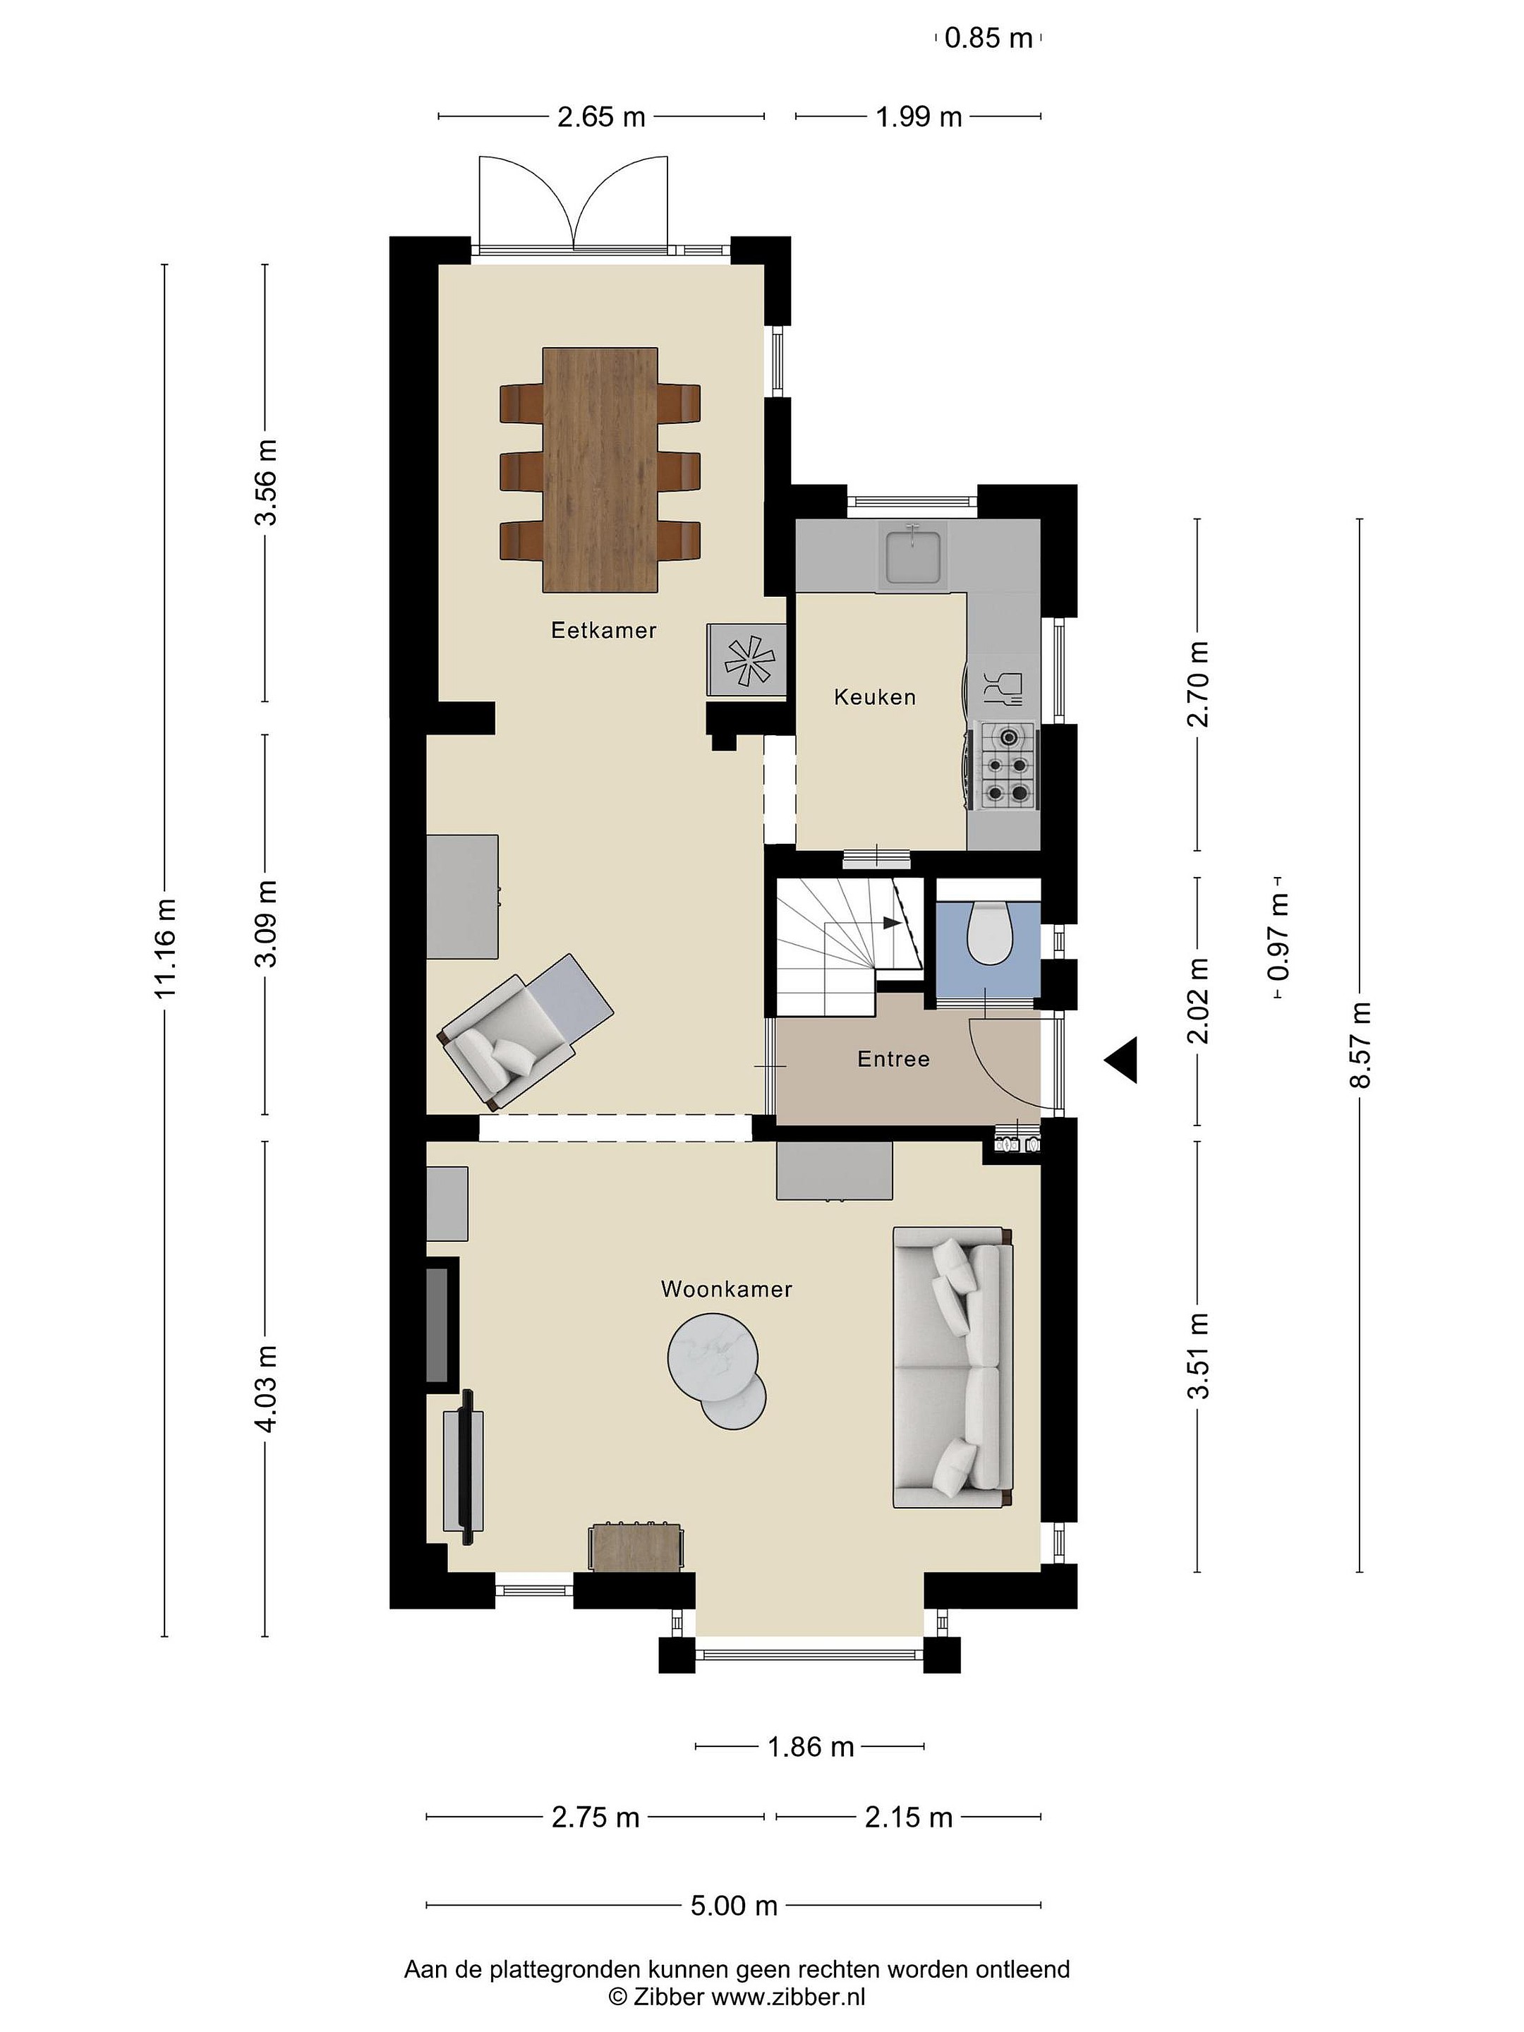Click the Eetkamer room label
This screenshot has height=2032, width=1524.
click(603, 630)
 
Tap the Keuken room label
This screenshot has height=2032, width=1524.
click(874, 697)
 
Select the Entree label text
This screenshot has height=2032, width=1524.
click(893, 1059)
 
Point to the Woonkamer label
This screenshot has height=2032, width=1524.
click(726, 1289)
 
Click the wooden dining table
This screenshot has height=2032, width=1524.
click(600, 469)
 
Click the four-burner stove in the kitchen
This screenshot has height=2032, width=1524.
click(1007, 766)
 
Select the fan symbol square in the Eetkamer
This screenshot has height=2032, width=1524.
click(746, 659)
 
